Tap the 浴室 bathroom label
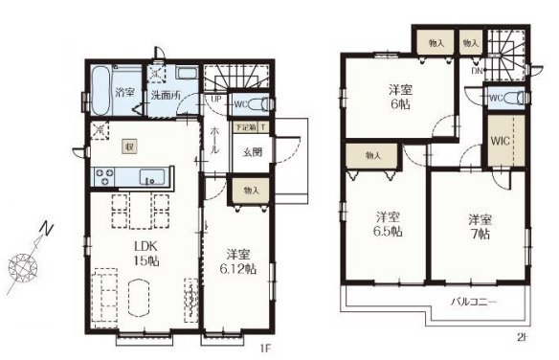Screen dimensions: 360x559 123,92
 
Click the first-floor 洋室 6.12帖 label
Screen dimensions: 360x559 240,260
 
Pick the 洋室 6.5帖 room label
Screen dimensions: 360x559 387,223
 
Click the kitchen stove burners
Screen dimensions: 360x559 103,175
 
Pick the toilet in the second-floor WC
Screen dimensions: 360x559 515,97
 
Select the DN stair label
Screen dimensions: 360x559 476,70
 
